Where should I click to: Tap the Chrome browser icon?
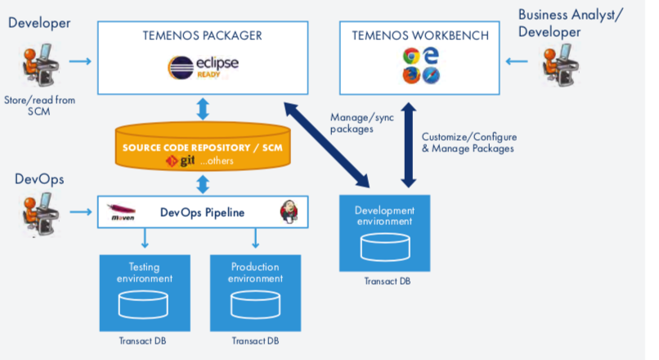pos(412,56)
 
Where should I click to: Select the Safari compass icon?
pos(431,75)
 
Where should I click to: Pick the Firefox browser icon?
pos(412,75)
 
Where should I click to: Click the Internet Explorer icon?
pos(431,56)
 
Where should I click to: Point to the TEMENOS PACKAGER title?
pos(200,35)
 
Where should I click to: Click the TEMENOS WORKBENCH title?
pos(421,35)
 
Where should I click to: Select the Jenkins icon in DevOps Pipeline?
pos(289,211)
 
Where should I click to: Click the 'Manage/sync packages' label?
pos(352,123)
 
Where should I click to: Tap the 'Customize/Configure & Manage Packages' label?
pos(468,142)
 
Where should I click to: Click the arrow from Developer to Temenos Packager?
pos(80,61)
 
